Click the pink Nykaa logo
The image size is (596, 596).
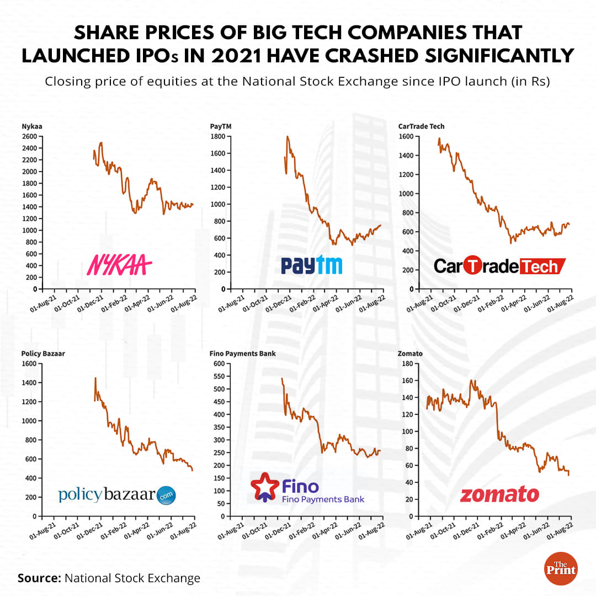[x=120, y=265]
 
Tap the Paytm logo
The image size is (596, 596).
[x=312, y=265]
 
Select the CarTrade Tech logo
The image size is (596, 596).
[x=499, y=266]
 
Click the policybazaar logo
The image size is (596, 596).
[x=117, y=494]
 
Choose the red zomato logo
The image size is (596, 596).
[x=499, y=494]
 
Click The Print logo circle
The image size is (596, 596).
[x=561, y=568]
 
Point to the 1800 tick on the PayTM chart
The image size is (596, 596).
[x=217, y=136]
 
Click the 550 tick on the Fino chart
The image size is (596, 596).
[x=219, y=376]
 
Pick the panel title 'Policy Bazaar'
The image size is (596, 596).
[x=43, y=353]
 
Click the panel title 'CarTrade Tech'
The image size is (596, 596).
[x=421, y=126]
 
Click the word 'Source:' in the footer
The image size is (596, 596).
[x=40, y=578]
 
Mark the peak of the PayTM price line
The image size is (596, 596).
[x=288, y=136]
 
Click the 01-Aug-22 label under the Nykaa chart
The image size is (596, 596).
[x=184, y=304]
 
